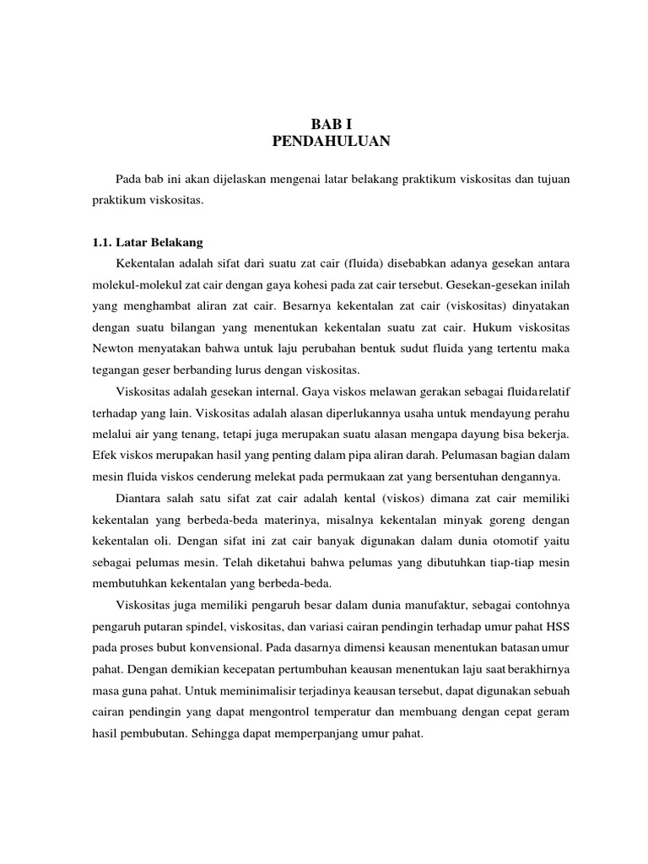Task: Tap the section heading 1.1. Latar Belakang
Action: click(x=148, y=241)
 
